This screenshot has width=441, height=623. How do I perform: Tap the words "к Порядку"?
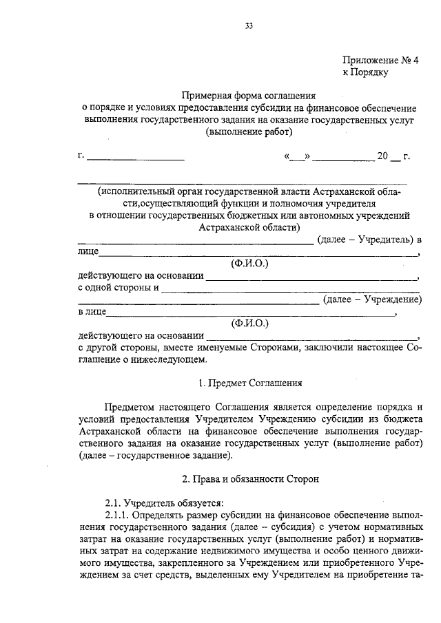(x=367, y=71)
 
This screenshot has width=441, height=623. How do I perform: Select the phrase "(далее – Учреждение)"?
(x=373, y=299)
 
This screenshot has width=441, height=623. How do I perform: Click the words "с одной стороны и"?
(x=118, y=288)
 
